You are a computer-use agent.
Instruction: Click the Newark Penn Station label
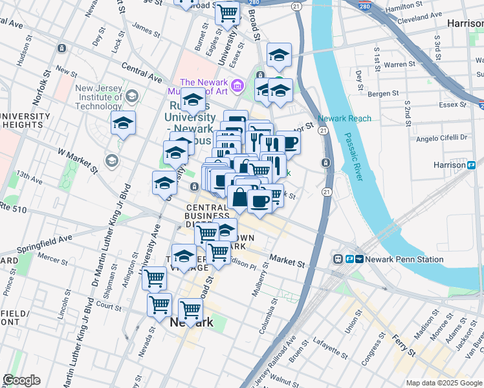[404, 259]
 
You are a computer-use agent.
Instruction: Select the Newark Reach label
[344, 119]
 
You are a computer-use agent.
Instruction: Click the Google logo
[21, 380]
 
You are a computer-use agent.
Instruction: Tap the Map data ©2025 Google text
[444, 383]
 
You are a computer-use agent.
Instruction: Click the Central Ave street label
[141, 72]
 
